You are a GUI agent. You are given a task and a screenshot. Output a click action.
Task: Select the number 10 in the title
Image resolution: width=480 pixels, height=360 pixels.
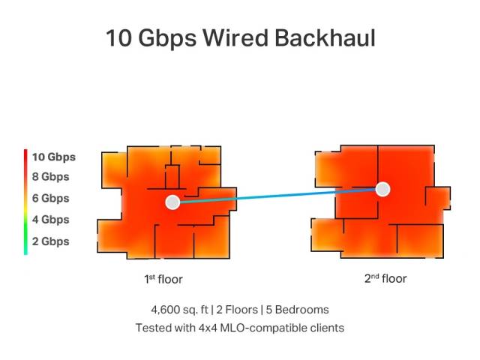click(x=120, y=38)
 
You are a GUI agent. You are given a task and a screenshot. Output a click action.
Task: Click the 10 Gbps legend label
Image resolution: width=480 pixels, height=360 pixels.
click(x=53, y=157)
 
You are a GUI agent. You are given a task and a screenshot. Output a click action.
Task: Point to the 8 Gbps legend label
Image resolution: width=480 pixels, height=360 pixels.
click(x=50, y=177)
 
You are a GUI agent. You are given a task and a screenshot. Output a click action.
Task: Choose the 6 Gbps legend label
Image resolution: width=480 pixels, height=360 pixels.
click(x=50, y=199)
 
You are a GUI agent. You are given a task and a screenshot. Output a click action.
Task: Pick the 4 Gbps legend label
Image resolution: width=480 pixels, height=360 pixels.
click(x=50, y=220)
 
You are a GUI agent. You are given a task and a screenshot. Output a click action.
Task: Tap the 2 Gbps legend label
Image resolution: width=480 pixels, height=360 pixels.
click(x=50, y=241)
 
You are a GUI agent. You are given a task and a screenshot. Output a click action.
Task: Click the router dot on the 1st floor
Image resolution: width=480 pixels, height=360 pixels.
click(x=172, y=202)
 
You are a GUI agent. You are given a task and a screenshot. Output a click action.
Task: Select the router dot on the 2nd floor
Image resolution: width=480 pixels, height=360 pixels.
click(x=383, y=189)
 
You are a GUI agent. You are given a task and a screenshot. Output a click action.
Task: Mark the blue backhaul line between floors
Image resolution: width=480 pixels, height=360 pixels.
click(x=277, y=196)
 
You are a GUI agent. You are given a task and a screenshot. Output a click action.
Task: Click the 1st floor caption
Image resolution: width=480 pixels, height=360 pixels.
click(x=163, y=280)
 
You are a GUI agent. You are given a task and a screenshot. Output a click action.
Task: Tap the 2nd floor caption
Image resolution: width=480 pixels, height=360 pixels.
click(x=385, y=279)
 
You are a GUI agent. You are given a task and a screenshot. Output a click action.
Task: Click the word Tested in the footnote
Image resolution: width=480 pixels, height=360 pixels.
click(x=152, y=328)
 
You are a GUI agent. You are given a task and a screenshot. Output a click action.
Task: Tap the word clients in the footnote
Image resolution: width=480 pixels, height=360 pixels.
click(x=325, y=328)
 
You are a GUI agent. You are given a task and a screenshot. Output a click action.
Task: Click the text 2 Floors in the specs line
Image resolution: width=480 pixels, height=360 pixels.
click(x=240, y=310)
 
